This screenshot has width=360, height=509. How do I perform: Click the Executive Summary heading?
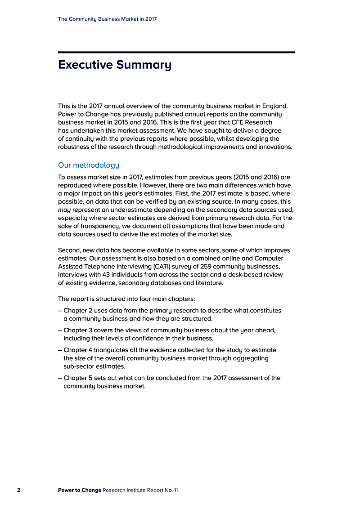tap(115, 65)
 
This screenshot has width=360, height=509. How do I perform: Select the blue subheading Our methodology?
tap(89, 165)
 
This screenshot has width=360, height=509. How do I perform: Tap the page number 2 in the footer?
tap(19, 490)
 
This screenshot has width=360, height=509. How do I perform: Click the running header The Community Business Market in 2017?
tap(107, 19)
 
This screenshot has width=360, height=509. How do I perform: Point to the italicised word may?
tap(65, 210)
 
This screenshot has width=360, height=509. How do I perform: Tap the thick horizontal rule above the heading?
tap(176, 52)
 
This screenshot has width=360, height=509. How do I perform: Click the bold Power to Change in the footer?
tap(79, 490)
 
